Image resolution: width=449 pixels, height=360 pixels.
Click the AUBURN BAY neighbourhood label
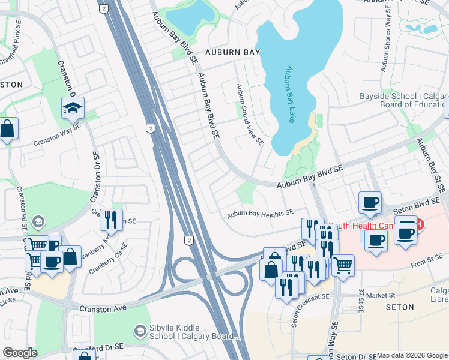(x=231, y=53)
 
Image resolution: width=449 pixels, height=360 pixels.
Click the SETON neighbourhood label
(x=399, y=307)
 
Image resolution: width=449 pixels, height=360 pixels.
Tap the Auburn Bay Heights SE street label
(x=260, y=213)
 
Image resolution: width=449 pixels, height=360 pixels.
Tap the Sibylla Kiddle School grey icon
(x=140, y=331)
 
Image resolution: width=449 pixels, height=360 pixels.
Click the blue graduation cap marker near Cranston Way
(x=73, y=109)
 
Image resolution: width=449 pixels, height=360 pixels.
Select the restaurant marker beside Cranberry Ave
(x=111, y=220)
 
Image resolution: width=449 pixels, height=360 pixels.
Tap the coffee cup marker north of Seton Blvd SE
(x=370, y=203)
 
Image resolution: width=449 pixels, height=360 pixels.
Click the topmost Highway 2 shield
(x=104, y=8)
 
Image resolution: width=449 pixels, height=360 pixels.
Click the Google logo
(x=20, y=353)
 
